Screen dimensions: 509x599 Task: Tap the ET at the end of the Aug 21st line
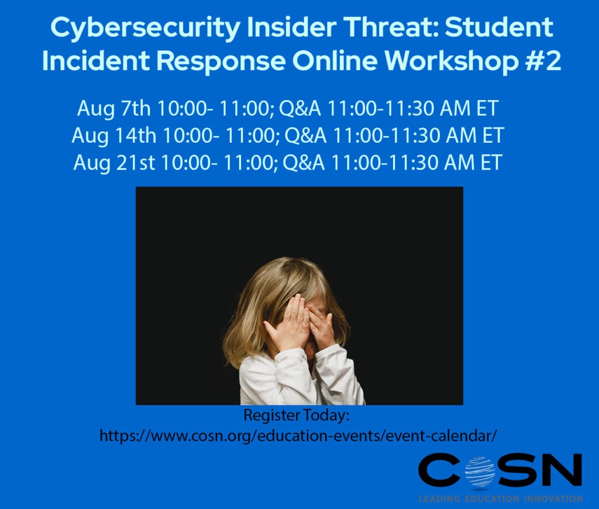(x=490, y=162)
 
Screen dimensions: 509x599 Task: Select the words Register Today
(x=296, y=416)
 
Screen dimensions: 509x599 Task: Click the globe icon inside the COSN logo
(x=480, y=472)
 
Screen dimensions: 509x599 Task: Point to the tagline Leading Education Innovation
(x=500, y=499)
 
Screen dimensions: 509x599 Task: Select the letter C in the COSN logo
(x=439, y=471)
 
